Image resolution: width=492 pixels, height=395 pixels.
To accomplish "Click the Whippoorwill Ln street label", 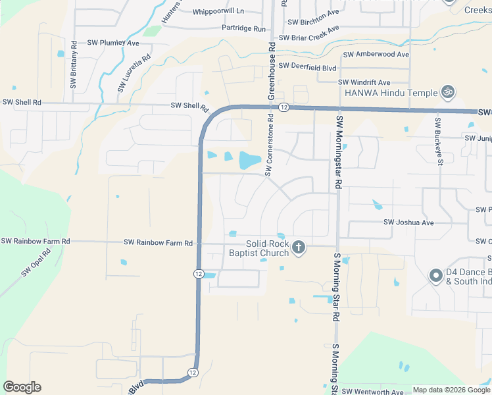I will click(x=218, y=12).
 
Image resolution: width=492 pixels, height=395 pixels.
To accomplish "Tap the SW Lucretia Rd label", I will click(x=135, y=72).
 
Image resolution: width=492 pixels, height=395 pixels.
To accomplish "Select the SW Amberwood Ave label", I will click(x=376, y=55).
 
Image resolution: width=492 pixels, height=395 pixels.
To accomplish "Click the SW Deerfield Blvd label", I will click(x=307, y=66).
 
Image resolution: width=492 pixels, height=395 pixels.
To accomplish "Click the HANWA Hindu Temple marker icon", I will click(x=449, y=92).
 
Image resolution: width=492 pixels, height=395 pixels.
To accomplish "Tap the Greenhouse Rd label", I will click(x=270, y=68).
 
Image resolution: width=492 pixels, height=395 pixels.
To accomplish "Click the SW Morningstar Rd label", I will click(x=339, y=153).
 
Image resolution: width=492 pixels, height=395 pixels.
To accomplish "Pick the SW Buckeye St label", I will click(x=437, y=140).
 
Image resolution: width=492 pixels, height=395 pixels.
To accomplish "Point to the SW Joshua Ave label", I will click(x=408, y=223).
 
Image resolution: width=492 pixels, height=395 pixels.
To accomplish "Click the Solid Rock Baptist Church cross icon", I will click(x=299, y=248).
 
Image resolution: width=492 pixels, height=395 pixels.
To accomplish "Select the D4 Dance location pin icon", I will click(x=435, y=276).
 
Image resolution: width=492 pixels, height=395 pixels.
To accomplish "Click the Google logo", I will click(x=22, y=387).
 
